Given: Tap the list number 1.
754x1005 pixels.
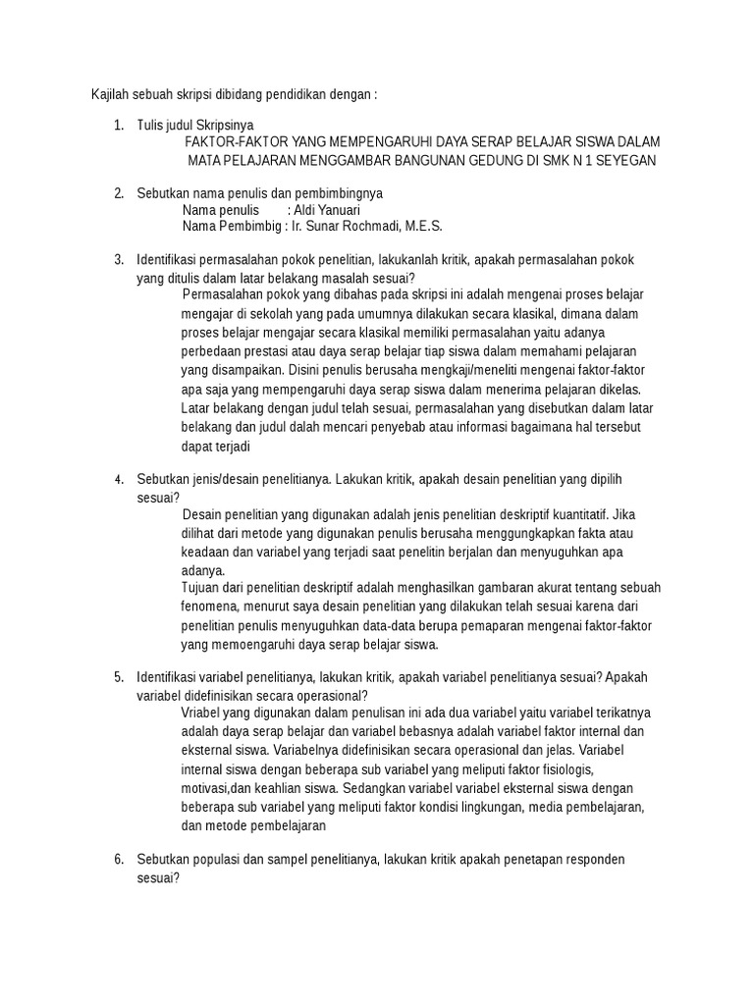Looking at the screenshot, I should point(117,125).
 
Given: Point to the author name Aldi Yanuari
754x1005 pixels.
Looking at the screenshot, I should point(331,210).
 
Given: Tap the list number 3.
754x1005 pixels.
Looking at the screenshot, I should point(117,260).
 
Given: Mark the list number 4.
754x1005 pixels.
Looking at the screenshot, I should point(117,480).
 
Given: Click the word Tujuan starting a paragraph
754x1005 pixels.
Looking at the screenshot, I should point(203,588).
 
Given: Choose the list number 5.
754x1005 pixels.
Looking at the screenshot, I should point(117,678).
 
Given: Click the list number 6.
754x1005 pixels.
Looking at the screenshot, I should point(117,860).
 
